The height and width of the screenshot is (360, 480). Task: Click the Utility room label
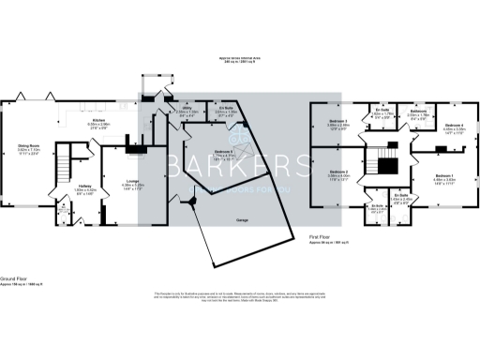[187, 111]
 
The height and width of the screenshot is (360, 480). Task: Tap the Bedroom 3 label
[337, 123]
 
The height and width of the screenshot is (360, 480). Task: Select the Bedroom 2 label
[337, 173]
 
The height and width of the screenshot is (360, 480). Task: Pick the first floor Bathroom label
[419, 112]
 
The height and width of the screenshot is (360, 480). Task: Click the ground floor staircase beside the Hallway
[63, 170]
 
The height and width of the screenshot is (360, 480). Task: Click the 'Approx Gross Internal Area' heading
[239, 58]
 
